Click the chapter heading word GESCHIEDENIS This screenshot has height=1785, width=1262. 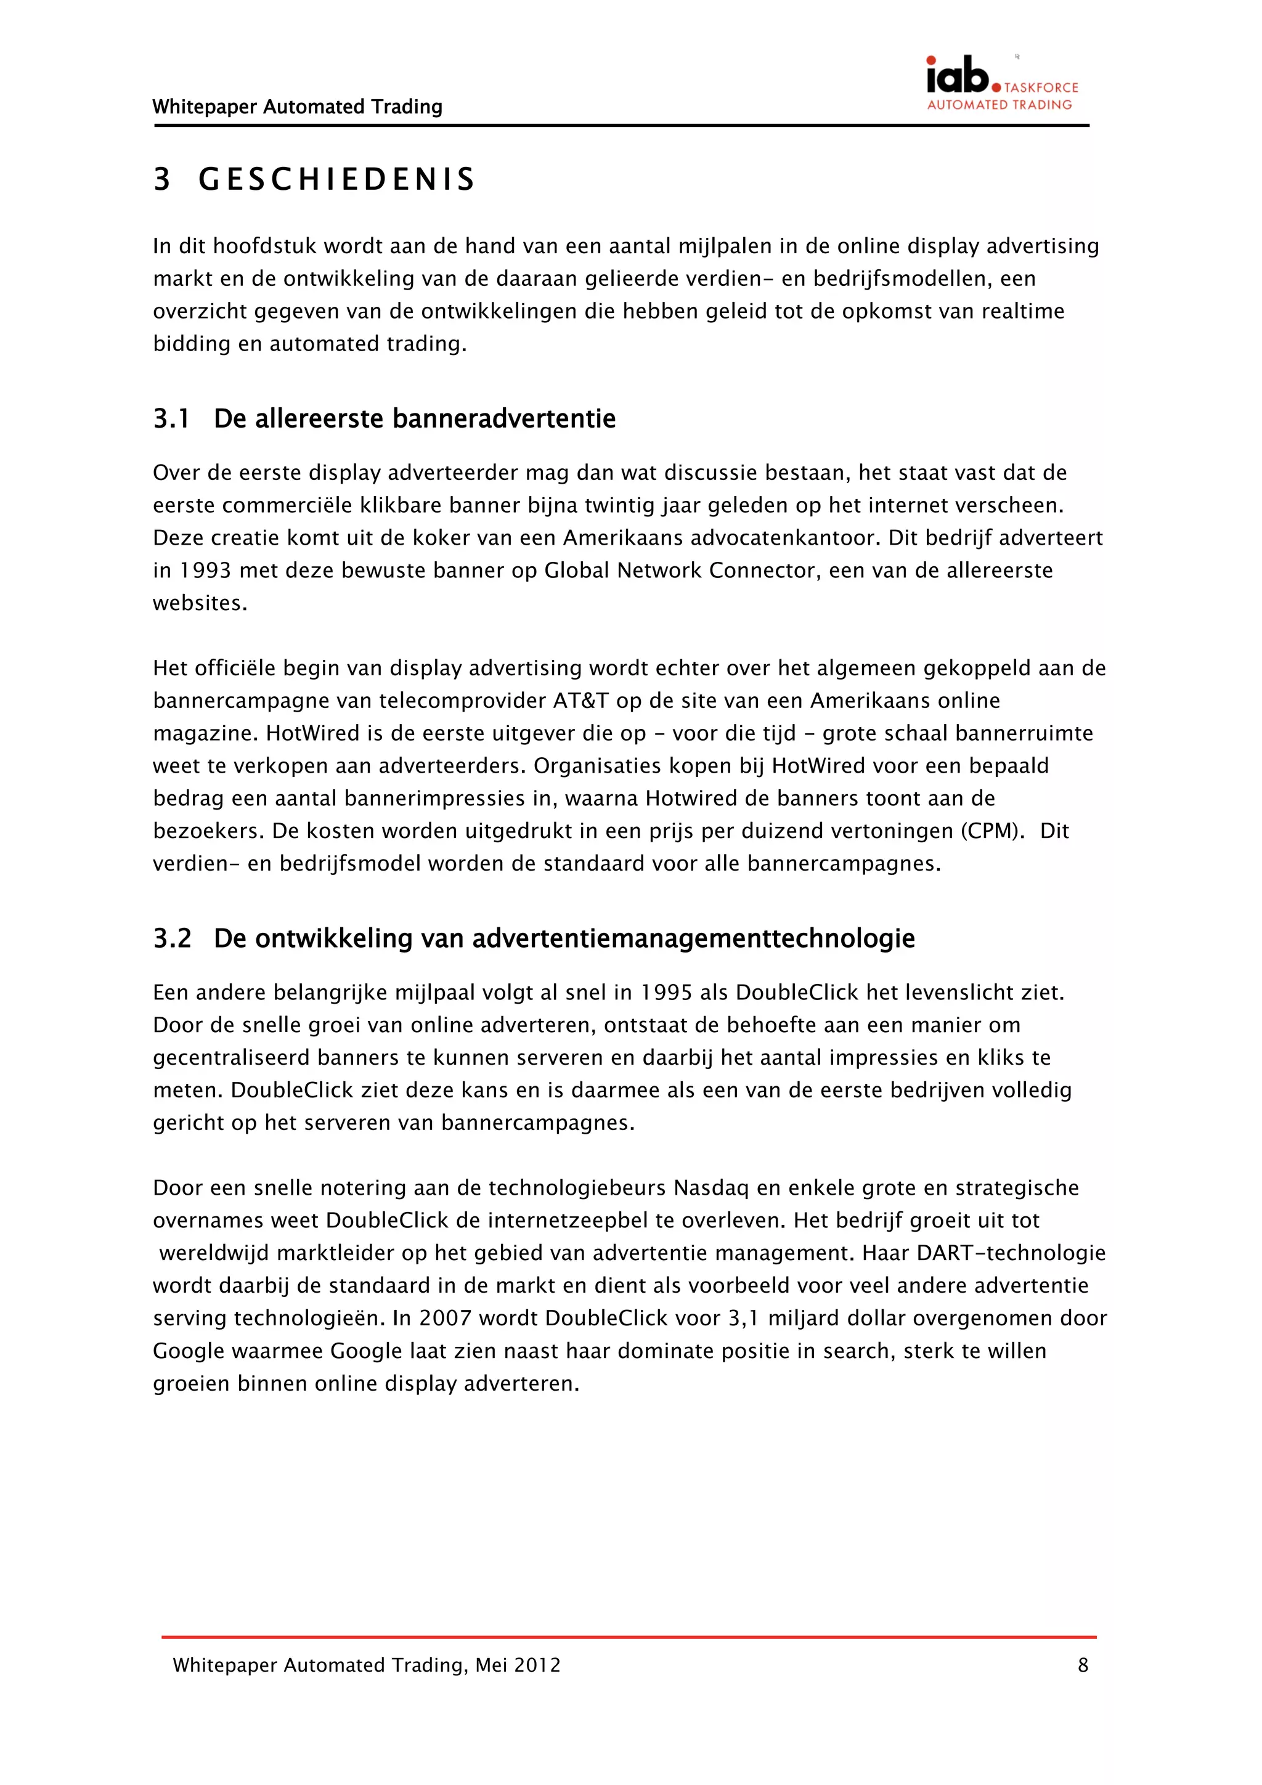tap(336, 179)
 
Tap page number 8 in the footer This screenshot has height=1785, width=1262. tap(1083, 1664)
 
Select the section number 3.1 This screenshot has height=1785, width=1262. tap(171, 419)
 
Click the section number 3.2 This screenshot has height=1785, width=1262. tap(172, 938)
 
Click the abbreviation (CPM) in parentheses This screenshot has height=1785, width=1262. tap(991, 831)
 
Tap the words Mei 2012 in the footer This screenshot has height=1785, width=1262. tap(518, 1664)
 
